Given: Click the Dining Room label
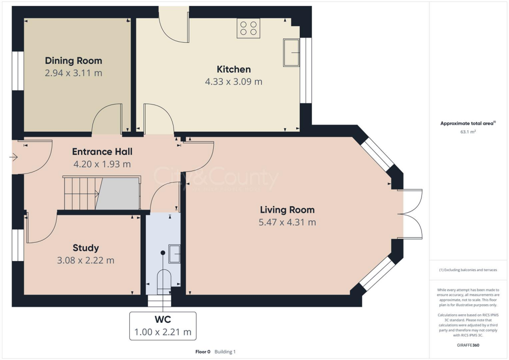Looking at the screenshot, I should click(x=74, y=61).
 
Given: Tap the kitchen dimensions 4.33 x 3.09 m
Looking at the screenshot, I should click(x=234, y=82).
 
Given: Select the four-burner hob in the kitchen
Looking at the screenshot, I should click(x=249, y=28).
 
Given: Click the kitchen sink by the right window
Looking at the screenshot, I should click(x=291, y=52).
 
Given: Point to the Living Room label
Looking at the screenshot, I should click(x=287, y=210).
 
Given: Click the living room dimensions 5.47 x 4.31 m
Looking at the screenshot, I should click(x=287, y=222).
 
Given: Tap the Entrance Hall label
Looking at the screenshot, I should click(x=102, y=151).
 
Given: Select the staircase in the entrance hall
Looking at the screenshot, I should click(x=101, y=193).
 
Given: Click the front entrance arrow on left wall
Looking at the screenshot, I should click(x=13, y=158).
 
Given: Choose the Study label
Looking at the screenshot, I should click(x=85, y=248).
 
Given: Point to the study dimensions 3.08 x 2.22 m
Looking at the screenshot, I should click(x=85, y=260).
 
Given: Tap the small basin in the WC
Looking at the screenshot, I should click(x=174, y=253).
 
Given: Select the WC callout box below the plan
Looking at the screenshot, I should click(x=163, y=326).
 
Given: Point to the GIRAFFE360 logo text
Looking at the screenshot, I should click(x=468, y=345).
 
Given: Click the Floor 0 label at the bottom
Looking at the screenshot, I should click(x=203, y=352).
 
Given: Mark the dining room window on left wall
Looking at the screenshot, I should click(x=17, y=71).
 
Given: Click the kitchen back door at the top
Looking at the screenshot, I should click(x=174, y=25).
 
